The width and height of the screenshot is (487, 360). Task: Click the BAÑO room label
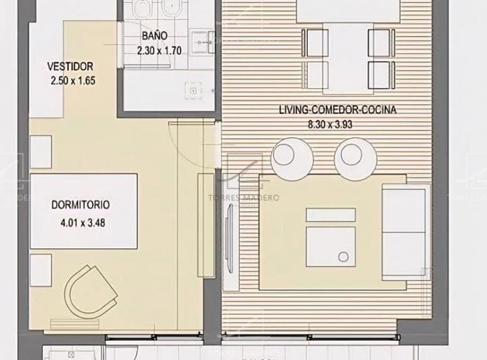tap(156, 36)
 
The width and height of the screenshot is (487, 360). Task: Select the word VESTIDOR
tap(70, 66)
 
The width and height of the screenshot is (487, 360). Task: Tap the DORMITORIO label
tap(80, 204)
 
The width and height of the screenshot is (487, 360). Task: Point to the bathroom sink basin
tap(200, 41)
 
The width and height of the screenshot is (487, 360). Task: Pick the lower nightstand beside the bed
tap(41, 269)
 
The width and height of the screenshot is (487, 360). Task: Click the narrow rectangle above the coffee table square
tap(331, 215)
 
